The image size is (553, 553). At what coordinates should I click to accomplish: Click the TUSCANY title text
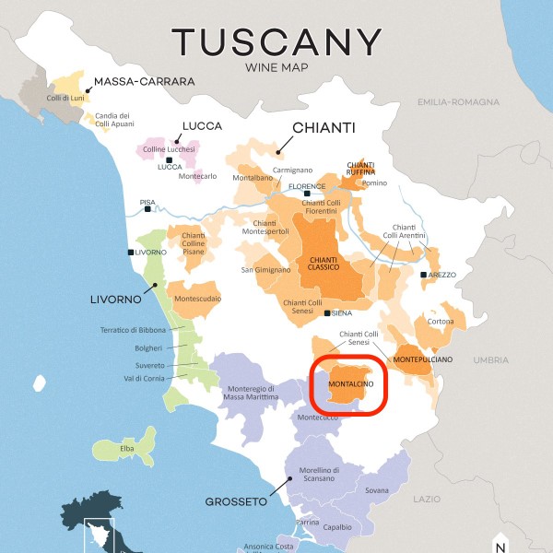276,42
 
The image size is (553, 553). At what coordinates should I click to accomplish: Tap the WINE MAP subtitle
276,68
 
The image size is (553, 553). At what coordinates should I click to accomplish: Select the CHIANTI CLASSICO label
324,265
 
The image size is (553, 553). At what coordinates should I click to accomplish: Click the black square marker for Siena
327,313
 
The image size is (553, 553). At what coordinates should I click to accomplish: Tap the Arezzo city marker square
423,275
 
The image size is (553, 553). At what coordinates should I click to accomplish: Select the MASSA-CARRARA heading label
144,81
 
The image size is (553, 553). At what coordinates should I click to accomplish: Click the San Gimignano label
265,270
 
